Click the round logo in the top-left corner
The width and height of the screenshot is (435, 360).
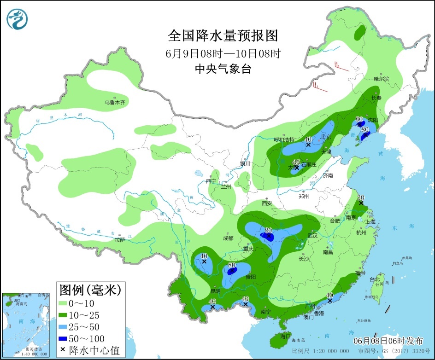[18, 19]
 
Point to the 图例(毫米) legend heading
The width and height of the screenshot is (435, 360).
[90, 290]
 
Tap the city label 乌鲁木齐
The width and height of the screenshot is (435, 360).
[114, 103]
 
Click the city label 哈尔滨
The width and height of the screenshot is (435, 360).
[381, 79]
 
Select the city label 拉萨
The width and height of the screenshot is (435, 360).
[119, 239]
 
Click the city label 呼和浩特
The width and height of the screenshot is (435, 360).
[284, 139]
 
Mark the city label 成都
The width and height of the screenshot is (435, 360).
[228, 238]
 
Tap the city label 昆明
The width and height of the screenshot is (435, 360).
[215, 291]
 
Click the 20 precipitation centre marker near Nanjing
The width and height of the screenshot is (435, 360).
[361, 203]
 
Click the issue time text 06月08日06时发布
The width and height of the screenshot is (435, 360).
[388, 341]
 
